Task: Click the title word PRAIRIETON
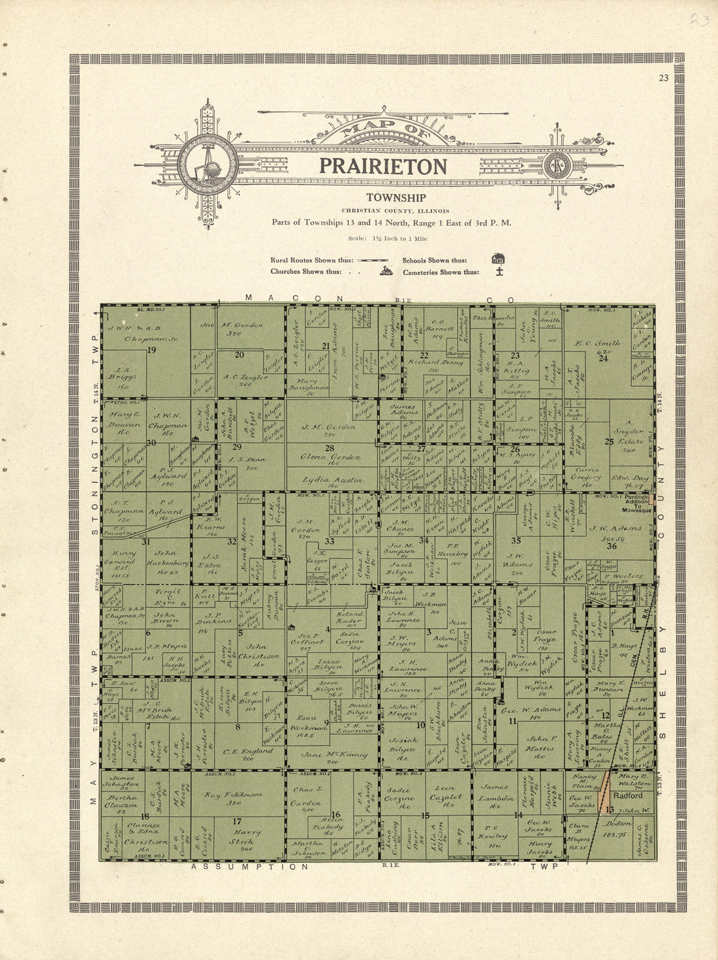pos(383,166)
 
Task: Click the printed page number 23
pos(663,78)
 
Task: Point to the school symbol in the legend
pos(498,259)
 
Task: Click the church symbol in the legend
pos(386,271)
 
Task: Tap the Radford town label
pos(627,795)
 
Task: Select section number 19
pos(152,350)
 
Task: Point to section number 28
pos(330,447)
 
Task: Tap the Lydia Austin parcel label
pos(332,480)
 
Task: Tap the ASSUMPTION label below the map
pos(249,867)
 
